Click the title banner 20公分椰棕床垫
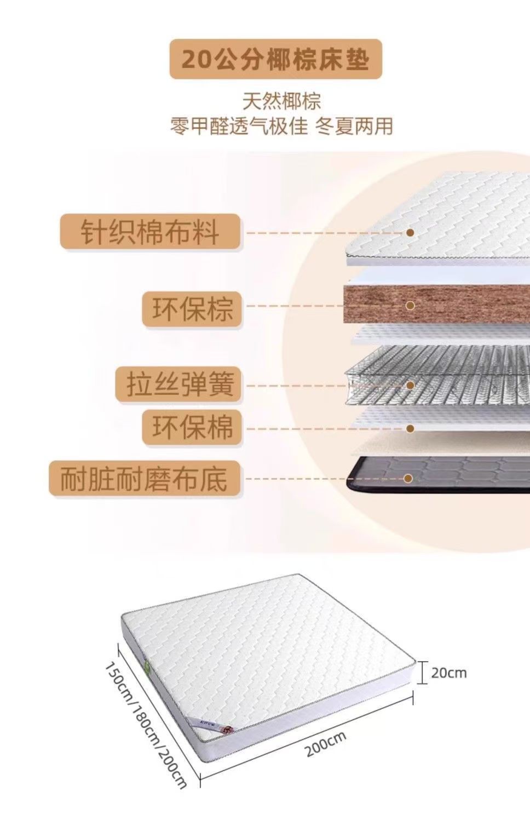point(275,59)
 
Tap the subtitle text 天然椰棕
point(281,101)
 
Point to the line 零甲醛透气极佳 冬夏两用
point(281,126)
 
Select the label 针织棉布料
point(150,232)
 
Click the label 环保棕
point(192,309)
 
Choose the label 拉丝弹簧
point(180,384)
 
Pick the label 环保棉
point(192,427)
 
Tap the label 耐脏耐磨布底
point(144,478)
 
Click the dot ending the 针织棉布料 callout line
point(410,232)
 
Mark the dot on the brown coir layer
point(410,306)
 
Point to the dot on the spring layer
point(410,385)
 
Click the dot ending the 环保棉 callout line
point(410,428)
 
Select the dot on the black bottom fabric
point(408,478)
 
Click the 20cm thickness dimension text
point(449,673)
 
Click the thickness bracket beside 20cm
point(422,673)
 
